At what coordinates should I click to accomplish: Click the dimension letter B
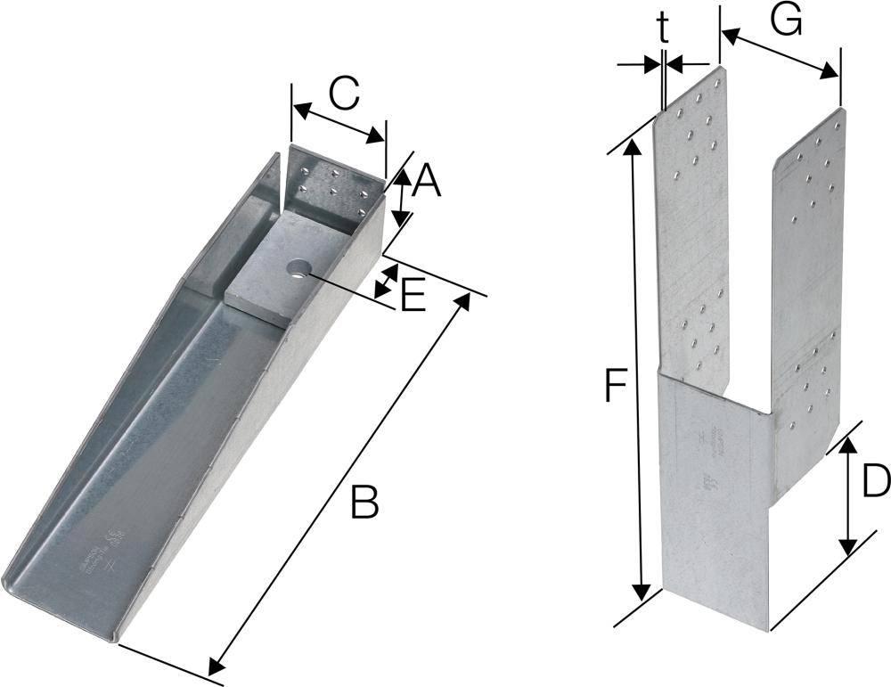click(364, 503)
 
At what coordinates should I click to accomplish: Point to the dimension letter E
click(413, 298)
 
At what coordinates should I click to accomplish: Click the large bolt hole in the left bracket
click(297, 266)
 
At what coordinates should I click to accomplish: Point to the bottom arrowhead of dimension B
click(215, 667)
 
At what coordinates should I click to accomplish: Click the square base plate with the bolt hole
click(285, 267)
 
